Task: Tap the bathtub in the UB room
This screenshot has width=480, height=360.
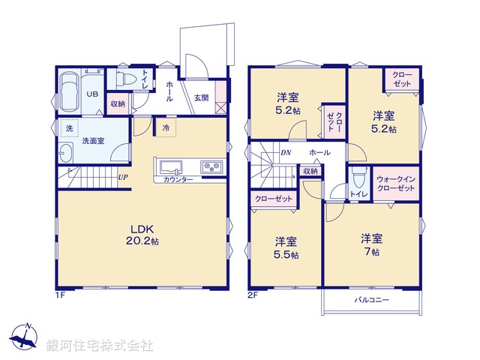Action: (x=69, y=92)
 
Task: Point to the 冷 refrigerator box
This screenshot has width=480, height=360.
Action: (x=166, y=128)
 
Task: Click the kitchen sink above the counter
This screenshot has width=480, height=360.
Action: (x=167, y=166)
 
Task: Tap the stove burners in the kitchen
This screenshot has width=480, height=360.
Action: (x=211, y=166)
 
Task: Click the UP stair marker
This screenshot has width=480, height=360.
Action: (x=122, y=178)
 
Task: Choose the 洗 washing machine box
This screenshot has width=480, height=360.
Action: (x=69, y=128)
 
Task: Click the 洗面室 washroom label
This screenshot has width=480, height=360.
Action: (x=93, y=140)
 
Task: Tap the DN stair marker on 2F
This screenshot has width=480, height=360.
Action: (x=286, y=152)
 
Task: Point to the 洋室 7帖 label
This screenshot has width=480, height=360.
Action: (x=371, y=245)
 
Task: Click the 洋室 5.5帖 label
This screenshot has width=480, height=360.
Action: (x=286, y=247)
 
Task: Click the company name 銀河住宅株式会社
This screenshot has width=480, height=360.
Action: (x=100, y=346)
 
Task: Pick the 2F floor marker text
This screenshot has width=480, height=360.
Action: (x=253, y=295)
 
